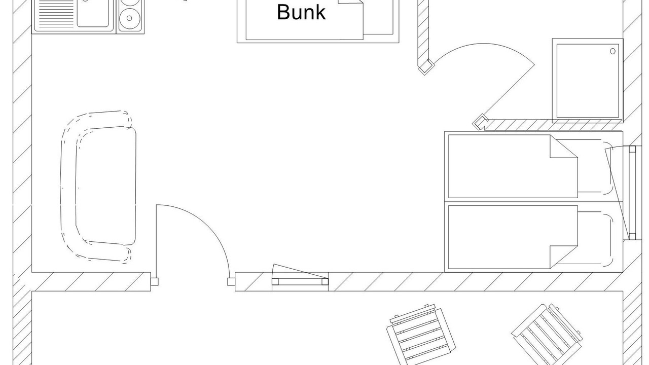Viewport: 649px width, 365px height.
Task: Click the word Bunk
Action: (301, 12)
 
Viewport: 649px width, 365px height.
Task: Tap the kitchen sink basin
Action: (93, 13)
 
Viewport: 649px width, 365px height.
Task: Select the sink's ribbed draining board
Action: (56, 14)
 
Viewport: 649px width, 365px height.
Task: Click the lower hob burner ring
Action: (129, 18)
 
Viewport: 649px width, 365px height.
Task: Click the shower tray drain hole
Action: (612, 51)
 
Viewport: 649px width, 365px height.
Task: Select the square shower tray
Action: (588, 81)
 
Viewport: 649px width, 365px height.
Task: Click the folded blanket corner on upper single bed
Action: (564, 147)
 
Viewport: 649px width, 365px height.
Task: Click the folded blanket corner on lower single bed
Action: (564, 257)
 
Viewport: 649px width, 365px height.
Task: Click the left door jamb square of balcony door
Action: (155, 281)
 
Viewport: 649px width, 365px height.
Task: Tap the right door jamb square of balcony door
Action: (231, 281)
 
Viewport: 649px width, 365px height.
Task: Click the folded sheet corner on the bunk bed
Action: (351, 3)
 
